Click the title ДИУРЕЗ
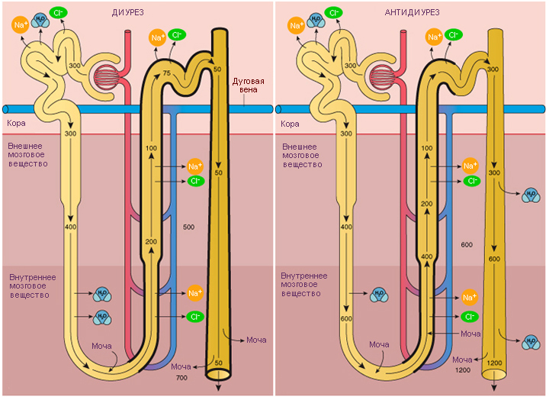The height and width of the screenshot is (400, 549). coord(128,13)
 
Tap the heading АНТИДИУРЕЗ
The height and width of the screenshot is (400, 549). coord(412,13)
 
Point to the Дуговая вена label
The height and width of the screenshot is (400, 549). coord(249,85)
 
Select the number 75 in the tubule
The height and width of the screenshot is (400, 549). coord(167,73)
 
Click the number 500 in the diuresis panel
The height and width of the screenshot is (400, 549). coord(188,227)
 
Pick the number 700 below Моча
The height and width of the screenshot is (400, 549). coord(181,378)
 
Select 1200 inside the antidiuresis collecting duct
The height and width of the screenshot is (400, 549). coord(494,363)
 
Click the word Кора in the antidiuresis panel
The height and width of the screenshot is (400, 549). coord(290,124)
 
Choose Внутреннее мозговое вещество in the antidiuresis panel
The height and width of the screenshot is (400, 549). coord(304,285)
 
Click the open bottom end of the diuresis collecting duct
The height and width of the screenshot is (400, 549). coord(218,374)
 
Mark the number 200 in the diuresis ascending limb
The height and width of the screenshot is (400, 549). coord(151,241)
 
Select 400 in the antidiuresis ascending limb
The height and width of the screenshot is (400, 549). coord(427,256)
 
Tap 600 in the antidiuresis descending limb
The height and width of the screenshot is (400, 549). coord(346,318)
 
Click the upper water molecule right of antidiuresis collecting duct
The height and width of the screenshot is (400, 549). coord(531,195)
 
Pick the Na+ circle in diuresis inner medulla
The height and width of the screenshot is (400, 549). coord(195,293)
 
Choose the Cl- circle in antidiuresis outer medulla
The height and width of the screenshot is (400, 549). coord(472,181)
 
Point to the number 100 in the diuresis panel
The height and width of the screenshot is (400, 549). coord(151,148)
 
